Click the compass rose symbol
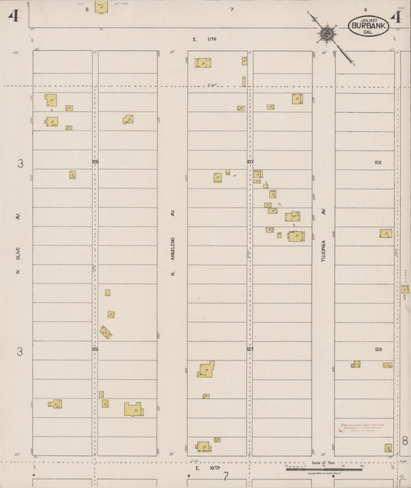pyautogui.click(x=327, y=33)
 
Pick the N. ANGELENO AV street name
pyautogui.click(x=171, y=233)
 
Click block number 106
pyautogui.click(x=95, y=162)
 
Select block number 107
pyautogui.click(x=250, y=162)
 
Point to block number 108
pyautogui.click(x=377, y=162)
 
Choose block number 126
pyautogui.click(x=95, y=350)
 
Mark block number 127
pyautogui.click(x=250, y=350)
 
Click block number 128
pyautogui.click(x=378, y=350)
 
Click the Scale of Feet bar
pyautogui.click(x=323, y=467)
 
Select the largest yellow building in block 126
pyautogui.click(x=133, y=409)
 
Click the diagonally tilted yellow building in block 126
pyautogui.click(x=106, y=332)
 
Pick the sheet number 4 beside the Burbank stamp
pyautogui.click(x=396, y=18)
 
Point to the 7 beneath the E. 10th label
pyautogui.click(x=225, y=476)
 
